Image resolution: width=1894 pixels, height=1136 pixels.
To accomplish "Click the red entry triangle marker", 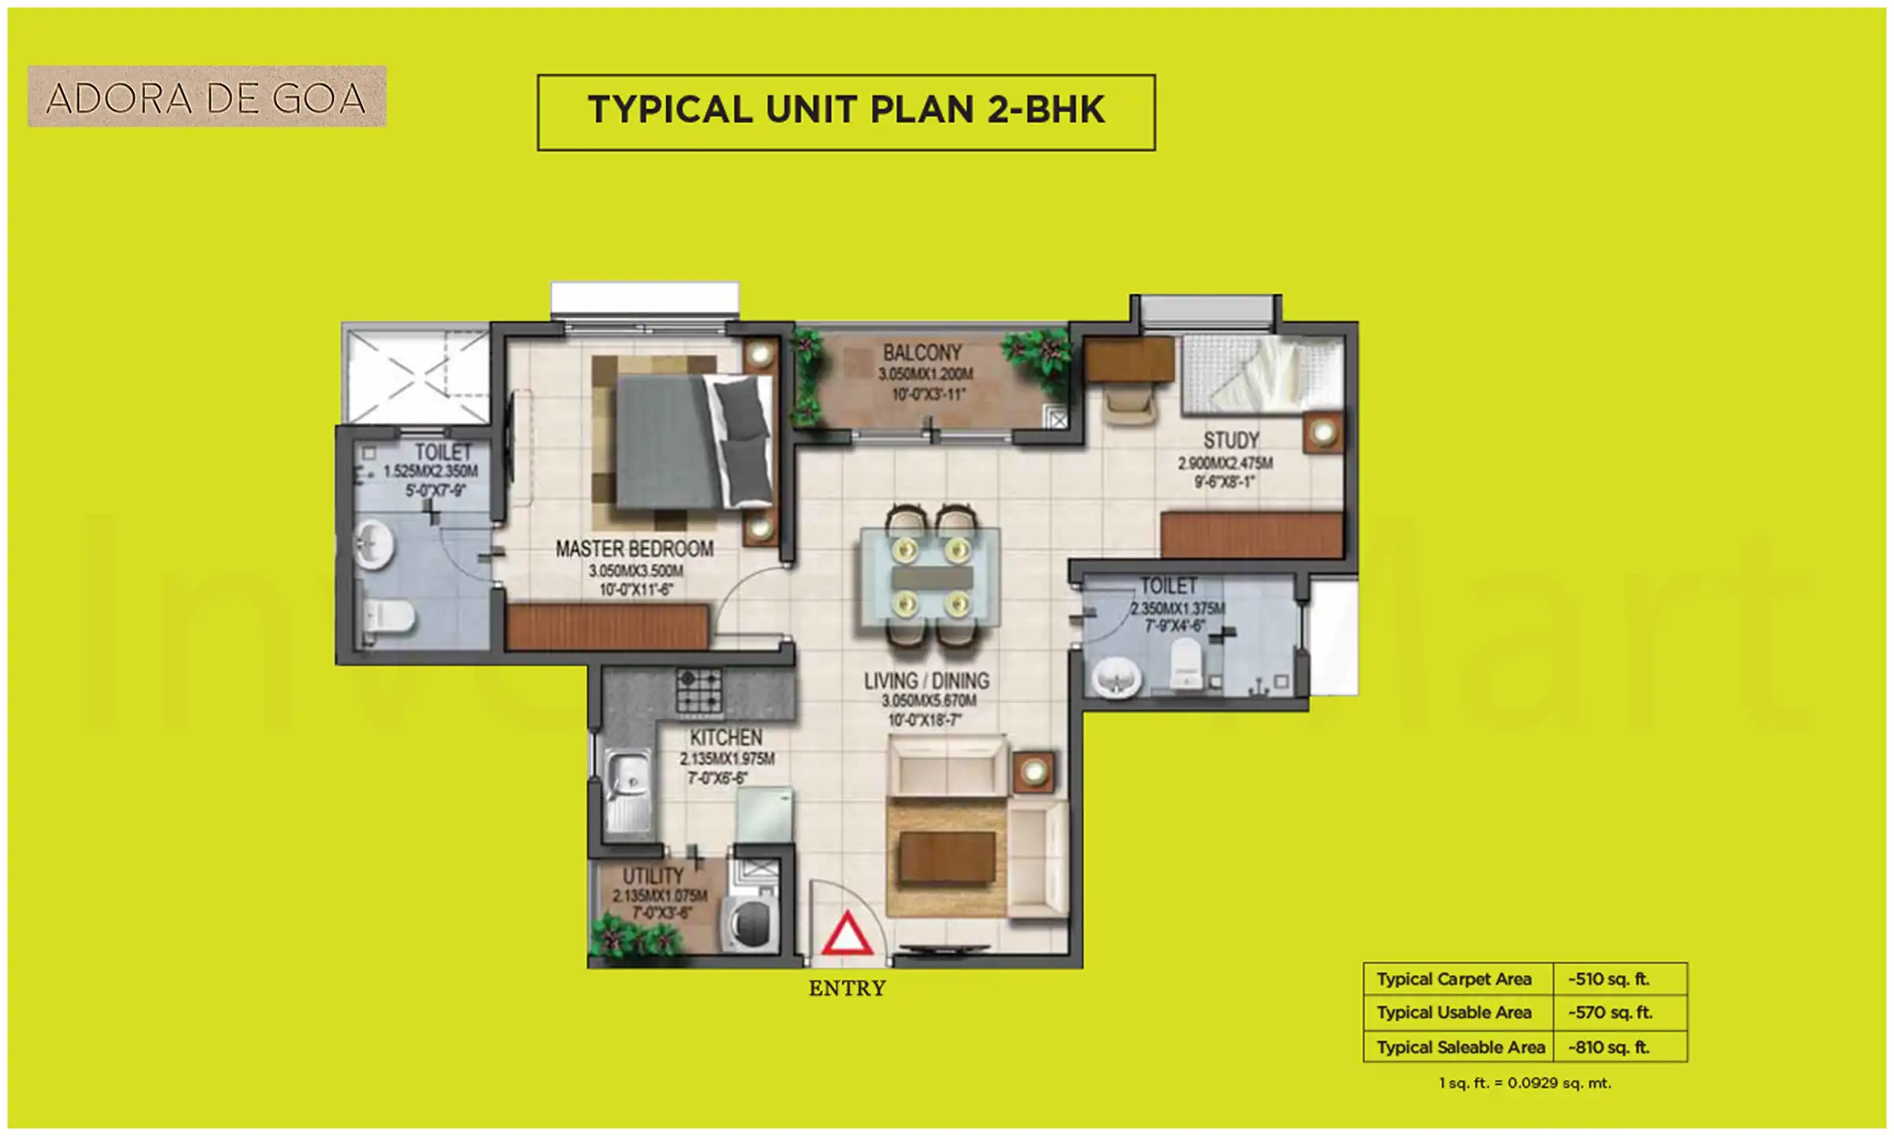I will tap(847, 936).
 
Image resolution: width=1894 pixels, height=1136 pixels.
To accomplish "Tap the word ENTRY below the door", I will tap(847, 988).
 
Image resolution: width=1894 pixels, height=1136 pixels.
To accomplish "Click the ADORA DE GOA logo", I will tap(207, 96).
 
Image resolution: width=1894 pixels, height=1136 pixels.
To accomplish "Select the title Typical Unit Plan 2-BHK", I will tap(846, 110).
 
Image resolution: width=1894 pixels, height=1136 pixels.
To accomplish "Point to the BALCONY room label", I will tap(922, 353).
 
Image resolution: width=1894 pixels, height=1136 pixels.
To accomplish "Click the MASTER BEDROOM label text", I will tap(634, 548).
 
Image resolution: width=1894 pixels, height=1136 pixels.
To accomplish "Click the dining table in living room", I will tap(931, 577).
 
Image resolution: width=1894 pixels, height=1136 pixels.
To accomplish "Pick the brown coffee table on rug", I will tap(946, 858).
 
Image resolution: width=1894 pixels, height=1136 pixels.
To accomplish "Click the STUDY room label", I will tap(1230, 440).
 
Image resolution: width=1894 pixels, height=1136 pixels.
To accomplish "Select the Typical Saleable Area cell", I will tap(1459, 1048).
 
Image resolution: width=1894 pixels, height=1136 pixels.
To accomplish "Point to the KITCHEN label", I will tap(726, 738).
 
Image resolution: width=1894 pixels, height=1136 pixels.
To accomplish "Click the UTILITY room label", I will tap(653, 876).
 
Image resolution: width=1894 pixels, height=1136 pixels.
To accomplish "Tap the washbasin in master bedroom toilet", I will tap(372, 544).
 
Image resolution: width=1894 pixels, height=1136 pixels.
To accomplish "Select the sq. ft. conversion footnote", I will tap(1525, 1083).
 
